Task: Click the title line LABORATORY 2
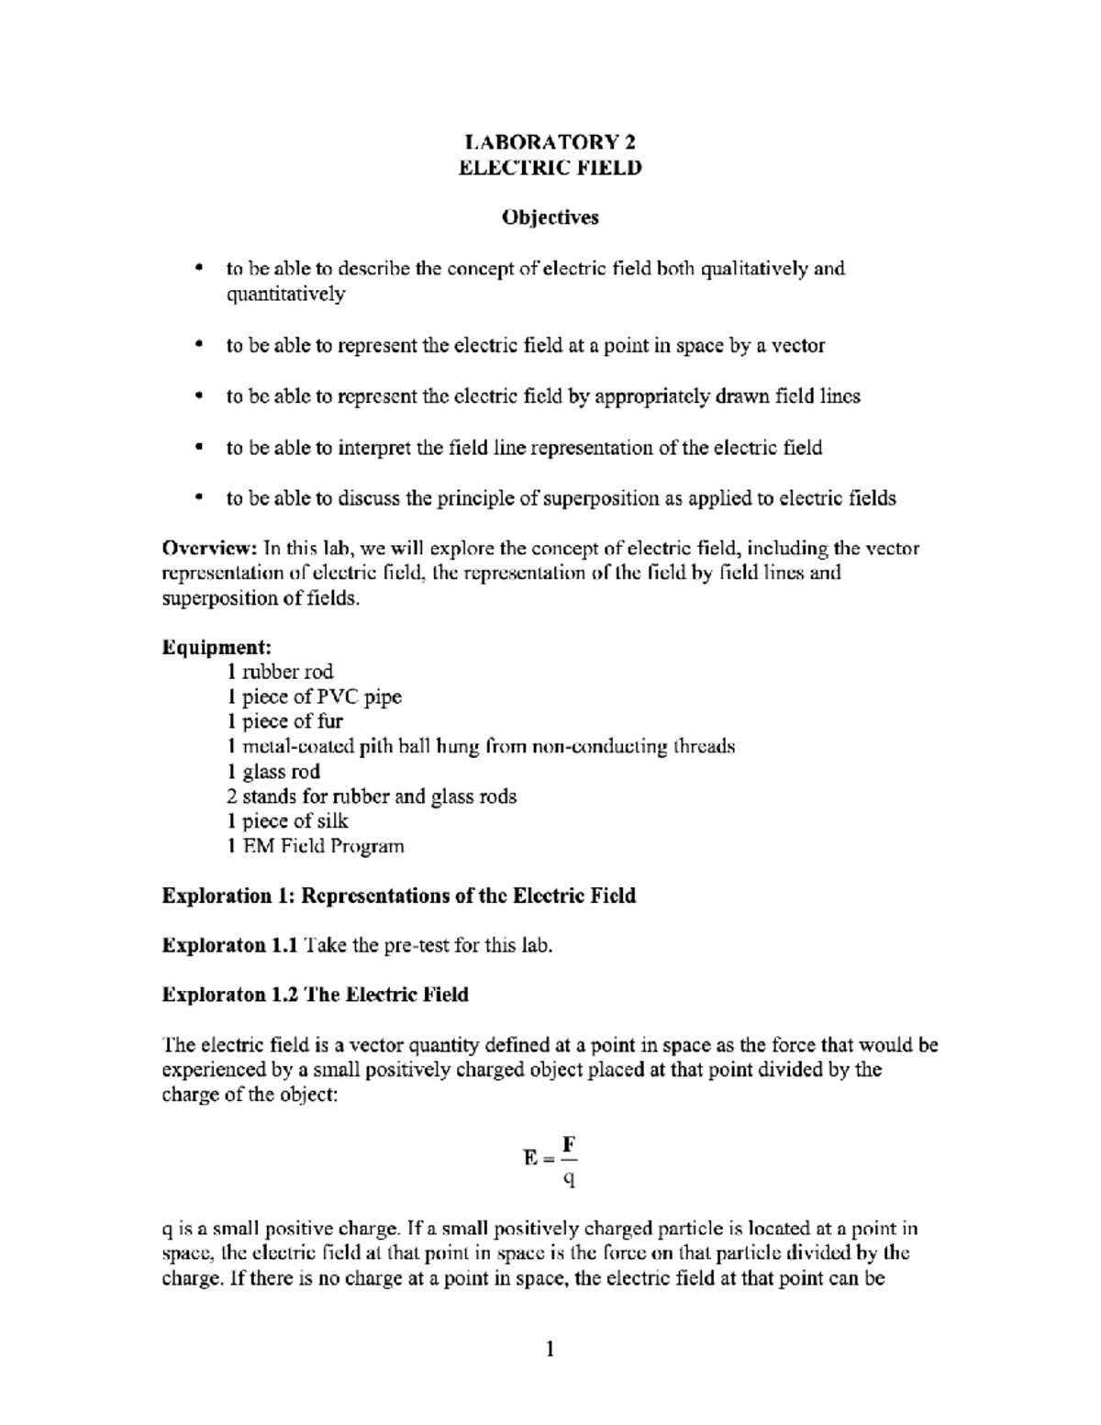tap(550, 142)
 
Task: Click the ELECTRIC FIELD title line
tap(550, 168)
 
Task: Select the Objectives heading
tap(550, 217)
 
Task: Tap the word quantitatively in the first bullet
tap(285, 295)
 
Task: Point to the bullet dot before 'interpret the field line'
tap(197, 448)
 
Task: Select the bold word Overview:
tap(210, 549)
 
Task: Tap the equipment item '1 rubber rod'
tap(280, 672)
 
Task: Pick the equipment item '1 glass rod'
tap(273, 772)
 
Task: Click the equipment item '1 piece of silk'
tap(287, 821)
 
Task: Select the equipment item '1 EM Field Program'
tap(315, 846)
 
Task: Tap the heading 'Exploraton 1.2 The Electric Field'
tap(315, 995)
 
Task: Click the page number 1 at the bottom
tap(550, 1349)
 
